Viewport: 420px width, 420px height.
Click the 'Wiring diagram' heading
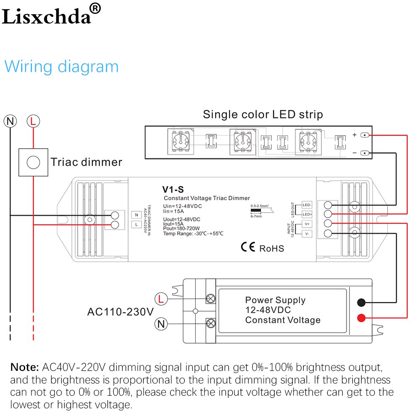click(x=61, y=67)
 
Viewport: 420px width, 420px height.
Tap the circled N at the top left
click(x=10, y=122)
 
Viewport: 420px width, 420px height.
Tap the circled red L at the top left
click(x=34, y=122)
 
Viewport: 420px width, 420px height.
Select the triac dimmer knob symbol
click(x=33, y=162)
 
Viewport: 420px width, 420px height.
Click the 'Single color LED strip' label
click(x=262, y=114)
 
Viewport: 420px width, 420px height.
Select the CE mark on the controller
click(x=248, y=247)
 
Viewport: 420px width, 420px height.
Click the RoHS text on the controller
click(x=271, y=248)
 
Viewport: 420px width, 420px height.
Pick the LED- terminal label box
click(x=307, y=205)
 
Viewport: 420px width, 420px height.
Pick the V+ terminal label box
click(x=307, y=224)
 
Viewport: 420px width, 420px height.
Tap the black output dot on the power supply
click(x=361, y=302)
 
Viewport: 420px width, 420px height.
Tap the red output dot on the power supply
click(x=361, y=317)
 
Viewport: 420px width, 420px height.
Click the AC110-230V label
click(x=121, y=312)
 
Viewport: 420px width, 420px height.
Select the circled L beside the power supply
click(x=160, y=299)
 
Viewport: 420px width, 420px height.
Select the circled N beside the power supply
click(x=160, y=323)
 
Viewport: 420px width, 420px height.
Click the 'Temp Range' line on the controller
click(x=193, y=234)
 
